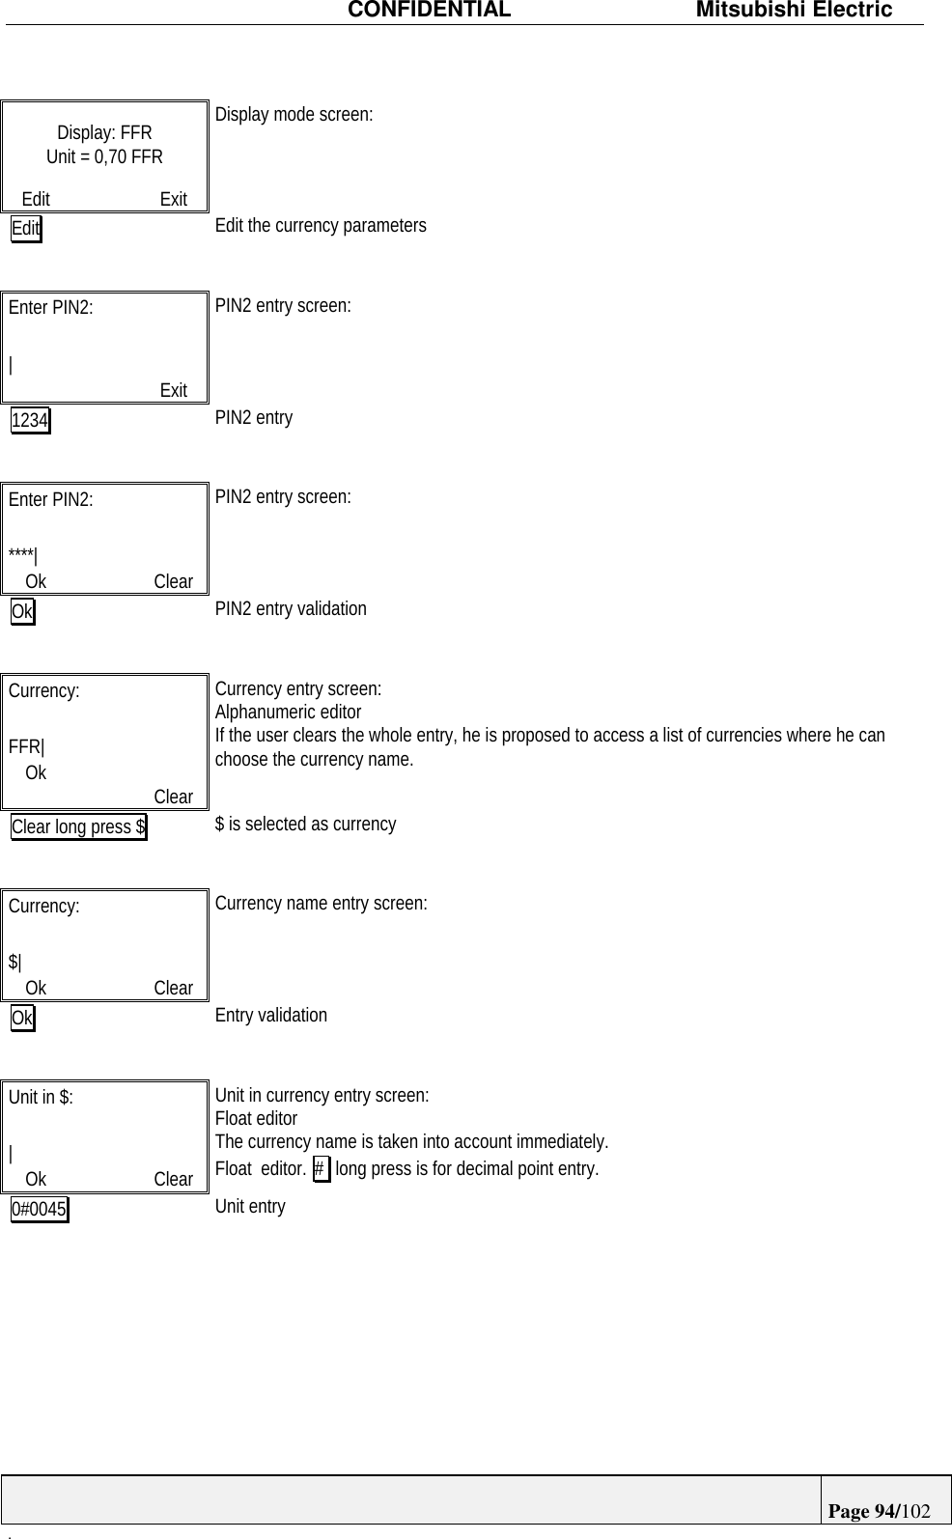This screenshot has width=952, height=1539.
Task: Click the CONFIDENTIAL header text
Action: click(x=429, y=11)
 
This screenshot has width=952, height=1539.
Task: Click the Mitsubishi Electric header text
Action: click(x=794, y=11)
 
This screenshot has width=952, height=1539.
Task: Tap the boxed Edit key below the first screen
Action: click(x=26, y=229)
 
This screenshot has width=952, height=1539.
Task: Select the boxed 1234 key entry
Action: click(x=30, y=421)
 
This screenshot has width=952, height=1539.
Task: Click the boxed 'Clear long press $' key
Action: click(x=78, y=827)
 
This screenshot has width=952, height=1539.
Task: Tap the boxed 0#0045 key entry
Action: click(x=40, y=1210)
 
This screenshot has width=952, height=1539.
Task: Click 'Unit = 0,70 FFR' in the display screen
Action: click(x=104, y=156)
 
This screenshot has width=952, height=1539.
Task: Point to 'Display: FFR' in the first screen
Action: click(x=104, y=133)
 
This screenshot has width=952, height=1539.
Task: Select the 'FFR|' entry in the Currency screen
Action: click(x=26, y=747)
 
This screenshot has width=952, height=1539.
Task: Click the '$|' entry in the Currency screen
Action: click(x=15, y=962)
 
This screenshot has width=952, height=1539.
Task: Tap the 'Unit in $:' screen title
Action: click(x=41, y=1097)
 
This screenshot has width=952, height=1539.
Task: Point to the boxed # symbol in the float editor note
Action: click(x=321, y=1169)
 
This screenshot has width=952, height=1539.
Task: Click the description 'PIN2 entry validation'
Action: click(x=291, y=609)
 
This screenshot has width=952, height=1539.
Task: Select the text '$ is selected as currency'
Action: click(x=305, y=825)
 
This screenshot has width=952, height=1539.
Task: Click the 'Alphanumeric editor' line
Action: click(x=288, y=713)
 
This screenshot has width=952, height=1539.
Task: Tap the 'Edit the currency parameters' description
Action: click(x=321, y=226)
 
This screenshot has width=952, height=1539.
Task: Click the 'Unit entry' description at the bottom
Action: click(x=250, y=1207)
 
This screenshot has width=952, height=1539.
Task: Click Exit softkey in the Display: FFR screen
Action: click(x=174, y=200)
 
